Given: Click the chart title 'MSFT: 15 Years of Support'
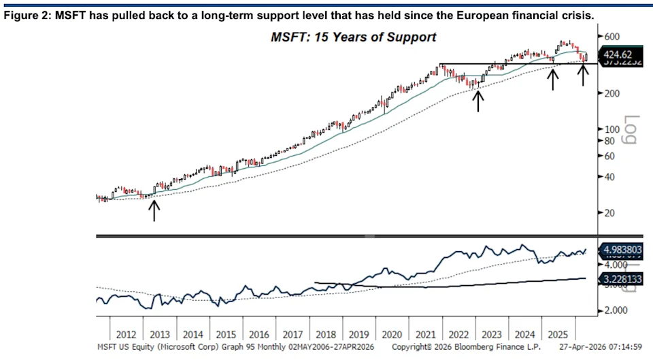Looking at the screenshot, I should point(353,37).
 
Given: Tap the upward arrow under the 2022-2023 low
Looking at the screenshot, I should point(478,100).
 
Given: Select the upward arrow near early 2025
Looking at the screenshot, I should point(553,79).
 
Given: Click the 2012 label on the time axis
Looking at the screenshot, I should point(127,335).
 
